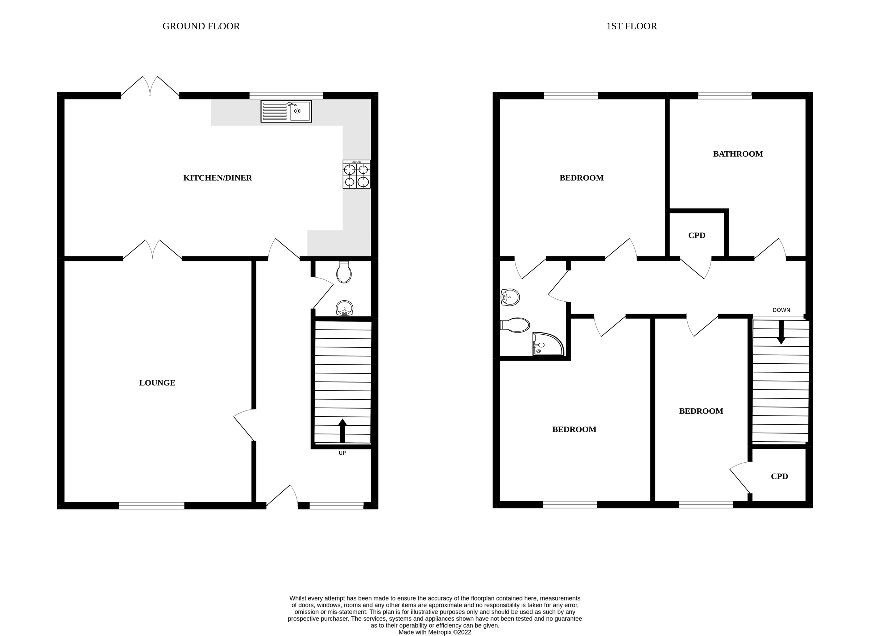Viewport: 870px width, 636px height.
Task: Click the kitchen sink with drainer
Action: [x=286, y=111]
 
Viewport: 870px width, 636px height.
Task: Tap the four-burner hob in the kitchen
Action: [x=356, y=174]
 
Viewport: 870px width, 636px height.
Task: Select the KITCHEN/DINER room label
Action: [x=217, y=178]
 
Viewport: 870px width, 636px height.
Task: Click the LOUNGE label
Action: [x=157, y=383]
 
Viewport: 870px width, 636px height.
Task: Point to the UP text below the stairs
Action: [x=342, y=453]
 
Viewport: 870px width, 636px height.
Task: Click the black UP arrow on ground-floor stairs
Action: [x=342, y=431]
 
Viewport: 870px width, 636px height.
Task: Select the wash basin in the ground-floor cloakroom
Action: [x=344, y=308]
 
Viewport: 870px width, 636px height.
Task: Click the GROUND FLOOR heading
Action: [x=201, y=26]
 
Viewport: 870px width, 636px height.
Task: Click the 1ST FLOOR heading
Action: [x=631, y=26]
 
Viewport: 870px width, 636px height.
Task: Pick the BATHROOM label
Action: [x=738, y=154]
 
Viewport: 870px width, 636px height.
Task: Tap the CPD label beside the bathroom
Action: [x=696, y=235]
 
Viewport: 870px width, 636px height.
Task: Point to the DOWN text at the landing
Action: [x=781, y=310]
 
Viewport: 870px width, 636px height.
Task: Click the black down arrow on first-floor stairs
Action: [x=781, y=332]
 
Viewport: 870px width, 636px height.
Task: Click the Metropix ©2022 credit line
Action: [x=434, y=632]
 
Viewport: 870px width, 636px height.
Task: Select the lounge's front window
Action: [x=152, y=505]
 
